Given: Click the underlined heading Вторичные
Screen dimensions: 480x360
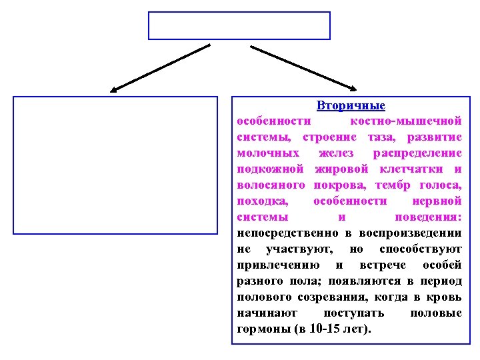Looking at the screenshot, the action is tap(351, 107).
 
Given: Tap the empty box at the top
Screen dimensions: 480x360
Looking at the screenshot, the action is tap(239, 25).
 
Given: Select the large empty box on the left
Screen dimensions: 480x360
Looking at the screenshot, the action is tap(115, 165).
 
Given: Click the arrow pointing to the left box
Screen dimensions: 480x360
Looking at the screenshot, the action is tap(160, 67).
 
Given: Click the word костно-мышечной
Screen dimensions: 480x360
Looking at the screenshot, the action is tap(406, 121).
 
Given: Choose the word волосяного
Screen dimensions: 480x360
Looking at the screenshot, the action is tap(271, 185).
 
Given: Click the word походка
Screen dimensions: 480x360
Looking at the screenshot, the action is tap(260, 201).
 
